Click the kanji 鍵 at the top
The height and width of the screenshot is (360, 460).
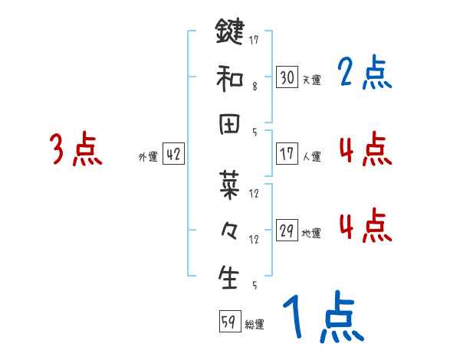(230, 34)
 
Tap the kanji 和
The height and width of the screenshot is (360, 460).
(230, 77)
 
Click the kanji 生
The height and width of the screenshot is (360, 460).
(230, 277)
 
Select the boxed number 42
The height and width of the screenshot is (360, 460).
(173, 155)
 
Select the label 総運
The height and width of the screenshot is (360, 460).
(254, 324)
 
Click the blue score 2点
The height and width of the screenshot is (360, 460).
(365, 74)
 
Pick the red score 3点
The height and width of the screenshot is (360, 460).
(76, 150)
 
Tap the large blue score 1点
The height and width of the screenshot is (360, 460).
(323, 318)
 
